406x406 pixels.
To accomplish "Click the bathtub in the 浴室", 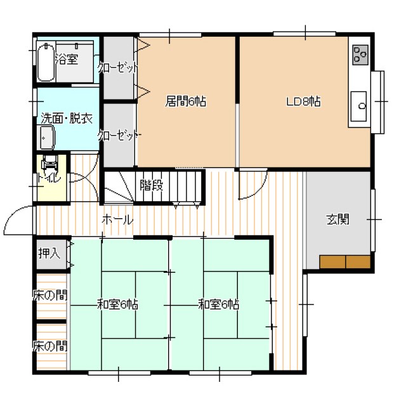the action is coord(46,62).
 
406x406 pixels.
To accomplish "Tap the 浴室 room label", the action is coord(67,59).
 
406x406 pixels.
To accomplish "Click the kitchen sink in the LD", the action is coord(358,106).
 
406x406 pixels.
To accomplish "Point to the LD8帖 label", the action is coord(303,101).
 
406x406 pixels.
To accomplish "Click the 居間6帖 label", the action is coord(186,101).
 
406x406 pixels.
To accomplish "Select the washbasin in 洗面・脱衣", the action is coord(47,138).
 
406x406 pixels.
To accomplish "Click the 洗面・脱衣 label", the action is coord(67,119).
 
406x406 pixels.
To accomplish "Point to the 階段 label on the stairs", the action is coord(152,185).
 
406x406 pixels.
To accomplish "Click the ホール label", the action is coord(117,220).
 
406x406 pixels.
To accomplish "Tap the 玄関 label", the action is coord(337,219).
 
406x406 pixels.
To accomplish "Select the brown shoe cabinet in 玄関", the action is coord(345,262).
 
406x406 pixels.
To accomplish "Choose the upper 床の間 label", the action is coord(50,295).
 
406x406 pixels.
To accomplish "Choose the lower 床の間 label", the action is coord(50,346).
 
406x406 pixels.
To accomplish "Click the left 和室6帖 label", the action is coord(117,304).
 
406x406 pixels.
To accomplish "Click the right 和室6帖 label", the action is coord(218,304).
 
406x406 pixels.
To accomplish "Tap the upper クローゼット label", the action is coord(118,68).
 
